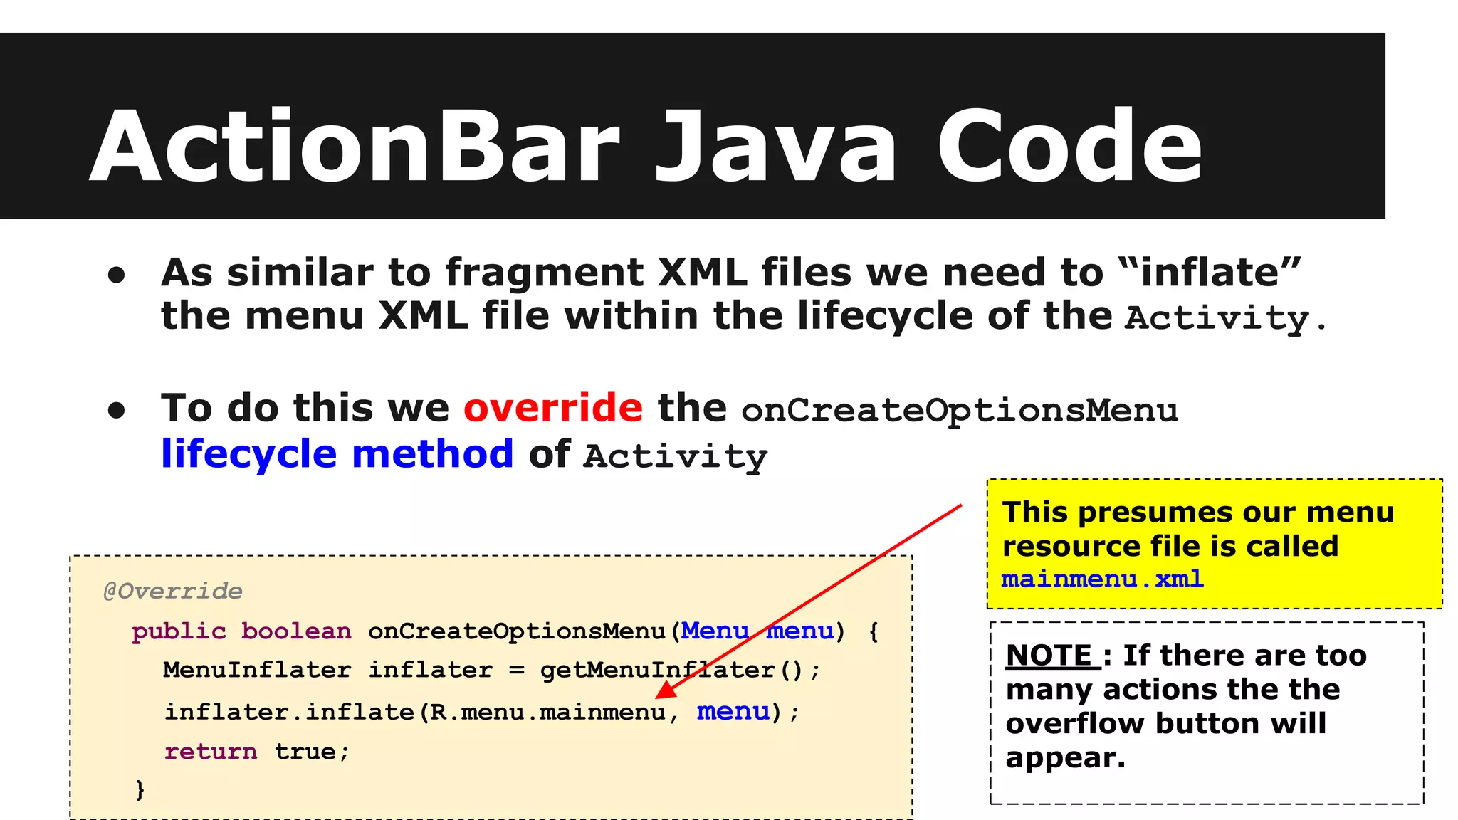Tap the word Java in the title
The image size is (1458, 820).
(776, 147)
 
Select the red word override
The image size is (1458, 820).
(553, 409)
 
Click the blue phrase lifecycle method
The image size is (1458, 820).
(337, 454)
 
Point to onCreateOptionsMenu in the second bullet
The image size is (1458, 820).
(959, 411)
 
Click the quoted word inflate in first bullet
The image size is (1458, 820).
(1210, 273)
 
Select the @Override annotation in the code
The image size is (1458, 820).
(173, 591)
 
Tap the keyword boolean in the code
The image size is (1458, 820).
(296, 631)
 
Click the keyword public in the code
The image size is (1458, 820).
(179, 631)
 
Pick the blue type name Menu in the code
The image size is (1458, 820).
(714, 631)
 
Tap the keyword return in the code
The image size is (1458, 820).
(211, 752)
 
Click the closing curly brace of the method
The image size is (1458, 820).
(140, 789)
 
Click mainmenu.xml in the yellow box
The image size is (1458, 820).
(1102, 579)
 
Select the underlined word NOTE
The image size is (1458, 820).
(1049, 656)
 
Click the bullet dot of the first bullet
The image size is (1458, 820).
(116, 275)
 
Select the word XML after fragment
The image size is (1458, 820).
(702, 273)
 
